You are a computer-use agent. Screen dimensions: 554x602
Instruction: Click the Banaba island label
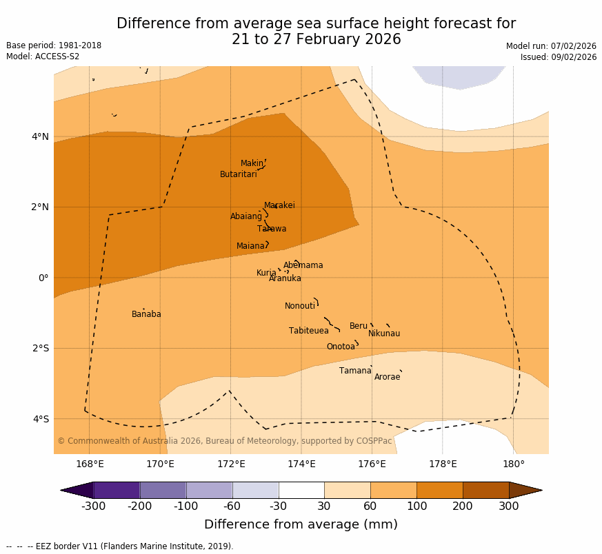146,314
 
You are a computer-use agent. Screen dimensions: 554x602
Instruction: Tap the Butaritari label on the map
238,174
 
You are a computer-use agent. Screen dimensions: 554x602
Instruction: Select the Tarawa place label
272,229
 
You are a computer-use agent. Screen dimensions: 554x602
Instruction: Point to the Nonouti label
300,306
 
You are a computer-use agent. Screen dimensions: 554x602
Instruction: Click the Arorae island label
387,377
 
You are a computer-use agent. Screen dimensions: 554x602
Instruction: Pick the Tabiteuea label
309,331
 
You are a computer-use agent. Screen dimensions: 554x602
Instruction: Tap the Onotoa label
341,347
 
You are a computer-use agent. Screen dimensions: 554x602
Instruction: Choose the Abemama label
303,265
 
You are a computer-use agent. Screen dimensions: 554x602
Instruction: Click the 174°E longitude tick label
301,464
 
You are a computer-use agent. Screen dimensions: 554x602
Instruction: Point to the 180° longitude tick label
513,464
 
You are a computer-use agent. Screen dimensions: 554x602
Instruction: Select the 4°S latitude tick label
41,419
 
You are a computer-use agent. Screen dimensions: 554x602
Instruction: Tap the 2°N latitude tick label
41,207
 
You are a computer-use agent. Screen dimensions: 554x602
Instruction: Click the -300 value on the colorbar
93,507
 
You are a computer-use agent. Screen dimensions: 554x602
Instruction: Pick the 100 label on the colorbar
417,507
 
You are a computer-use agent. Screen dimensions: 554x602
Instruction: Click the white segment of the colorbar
301,490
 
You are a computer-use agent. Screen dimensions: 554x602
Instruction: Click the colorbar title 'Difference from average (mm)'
301,524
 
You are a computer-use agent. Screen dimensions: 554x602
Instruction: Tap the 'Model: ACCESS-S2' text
43,57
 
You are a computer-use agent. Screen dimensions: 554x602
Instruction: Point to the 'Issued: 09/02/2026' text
559,57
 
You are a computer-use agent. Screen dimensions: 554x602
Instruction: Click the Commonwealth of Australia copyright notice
224,441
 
